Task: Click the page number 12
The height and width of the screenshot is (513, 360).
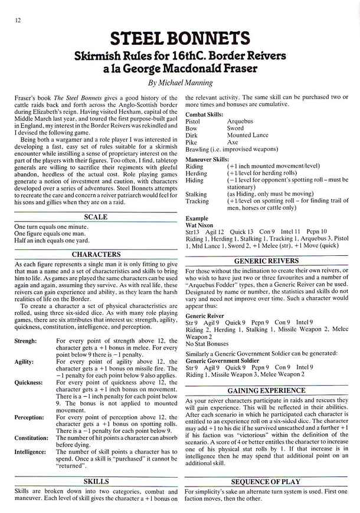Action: click(12, 21)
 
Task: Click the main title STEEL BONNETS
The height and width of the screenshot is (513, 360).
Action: click(180, 40)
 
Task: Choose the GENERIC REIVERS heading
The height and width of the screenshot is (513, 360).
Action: click(266, 260)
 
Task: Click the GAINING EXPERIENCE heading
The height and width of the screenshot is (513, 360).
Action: click(266, 390)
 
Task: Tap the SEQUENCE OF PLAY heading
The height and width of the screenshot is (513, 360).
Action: click(266, 481)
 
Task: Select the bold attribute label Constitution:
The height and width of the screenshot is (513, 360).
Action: click(31, 438)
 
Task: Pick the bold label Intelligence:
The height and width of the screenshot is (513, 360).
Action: click(31, 452)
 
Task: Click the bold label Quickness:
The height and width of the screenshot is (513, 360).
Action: click(28, 382)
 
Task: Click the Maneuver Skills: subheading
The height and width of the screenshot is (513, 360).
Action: click(207, 159)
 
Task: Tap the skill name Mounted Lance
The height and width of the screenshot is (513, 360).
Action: click(248, 135)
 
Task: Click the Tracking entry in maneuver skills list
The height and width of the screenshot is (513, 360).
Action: click(197, 201)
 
